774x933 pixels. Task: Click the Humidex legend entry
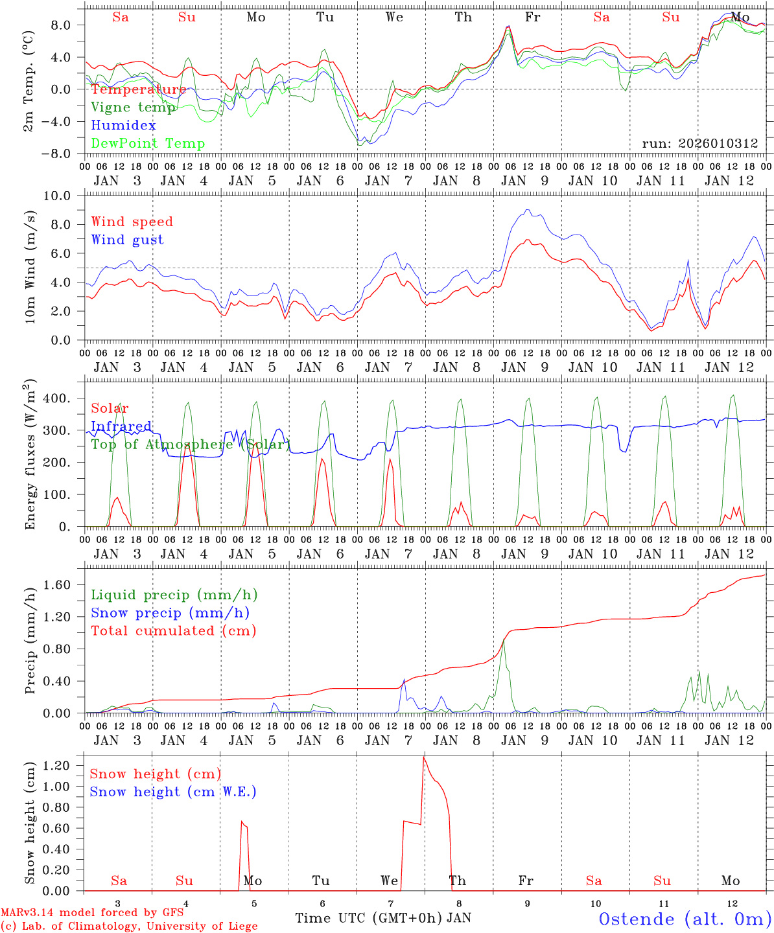click(124, 126)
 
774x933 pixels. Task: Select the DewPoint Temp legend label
click(148, 144)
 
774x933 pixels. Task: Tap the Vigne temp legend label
click(134, 108)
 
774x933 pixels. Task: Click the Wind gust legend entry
click(128, 240)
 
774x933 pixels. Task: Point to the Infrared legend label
click(121, 426)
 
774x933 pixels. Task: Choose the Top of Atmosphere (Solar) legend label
click(191, 444)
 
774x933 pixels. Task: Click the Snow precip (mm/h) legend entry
click(170, 613)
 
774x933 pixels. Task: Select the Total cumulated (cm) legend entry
click(174, 630)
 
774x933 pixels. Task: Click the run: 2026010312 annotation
click(700, 143)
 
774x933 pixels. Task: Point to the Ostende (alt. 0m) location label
click(685, 919)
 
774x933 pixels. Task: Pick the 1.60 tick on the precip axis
click(65, 585)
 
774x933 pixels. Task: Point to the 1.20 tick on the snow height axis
click(65, 766)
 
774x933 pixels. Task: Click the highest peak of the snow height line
click(424, 757)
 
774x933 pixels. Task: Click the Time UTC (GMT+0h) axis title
click(369, 918)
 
